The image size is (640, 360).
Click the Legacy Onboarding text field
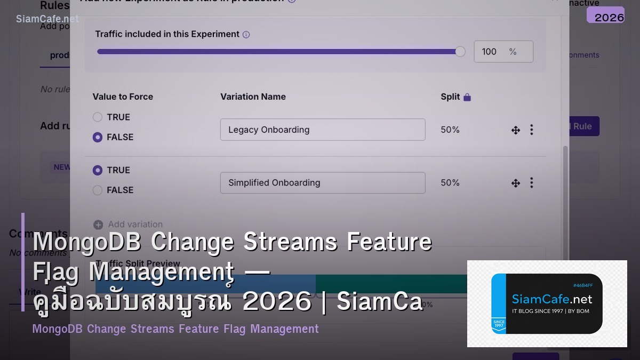[322, 130]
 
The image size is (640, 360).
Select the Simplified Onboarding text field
[322, 182]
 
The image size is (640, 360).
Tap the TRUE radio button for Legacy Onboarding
[98, 117]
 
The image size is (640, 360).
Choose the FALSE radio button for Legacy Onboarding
[98, 137]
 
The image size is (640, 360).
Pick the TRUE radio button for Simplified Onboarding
[98, 170]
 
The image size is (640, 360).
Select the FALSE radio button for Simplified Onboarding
[98, 190]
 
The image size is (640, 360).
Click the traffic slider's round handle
[460, 52]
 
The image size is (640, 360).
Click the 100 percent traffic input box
[503, 52]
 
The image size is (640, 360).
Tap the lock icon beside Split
[467, 97]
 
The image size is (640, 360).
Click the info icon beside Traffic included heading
[246, 35]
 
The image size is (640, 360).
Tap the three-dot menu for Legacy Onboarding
[531, 130]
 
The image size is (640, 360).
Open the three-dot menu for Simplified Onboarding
[531, 182]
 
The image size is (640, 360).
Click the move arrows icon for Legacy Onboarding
[516, 130]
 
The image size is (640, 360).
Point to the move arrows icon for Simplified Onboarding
[516, 183]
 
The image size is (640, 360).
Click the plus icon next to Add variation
[98, 225]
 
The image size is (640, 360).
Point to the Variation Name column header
[253, 97]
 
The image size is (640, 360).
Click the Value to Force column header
[123, 97]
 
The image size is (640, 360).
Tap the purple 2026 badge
[605, 15]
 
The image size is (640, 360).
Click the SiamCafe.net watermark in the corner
[47, 19]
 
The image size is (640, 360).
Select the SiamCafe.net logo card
[547, 303]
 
